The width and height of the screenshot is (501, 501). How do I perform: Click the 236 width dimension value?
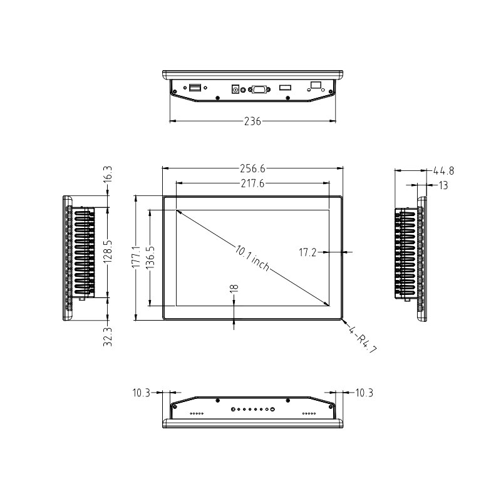(252, 121)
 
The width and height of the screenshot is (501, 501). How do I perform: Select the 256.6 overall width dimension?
(253, 168)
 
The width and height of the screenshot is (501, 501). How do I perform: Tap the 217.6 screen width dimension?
(253, 183)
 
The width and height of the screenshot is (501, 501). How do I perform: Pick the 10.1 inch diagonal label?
(252, 258)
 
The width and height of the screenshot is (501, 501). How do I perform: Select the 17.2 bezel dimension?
(307, 253)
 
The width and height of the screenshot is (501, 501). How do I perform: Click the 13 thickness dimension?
(443, 185)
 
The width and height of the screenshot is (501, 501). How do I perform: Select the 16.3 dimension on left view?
(108, 173)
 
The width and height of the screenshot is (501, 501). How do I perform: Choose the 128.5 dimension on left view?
(108, 252)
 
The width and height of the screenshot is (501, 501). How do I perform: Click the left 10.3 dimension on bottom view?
(141, 393)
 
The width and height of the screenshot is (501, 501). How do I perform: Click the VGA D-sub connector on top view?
(259, 90)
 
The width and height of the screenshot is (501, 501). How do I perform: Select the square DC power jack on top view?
(237, 89)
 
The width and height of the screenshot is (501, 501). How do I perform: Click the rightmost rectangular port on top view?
(316, 84)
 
